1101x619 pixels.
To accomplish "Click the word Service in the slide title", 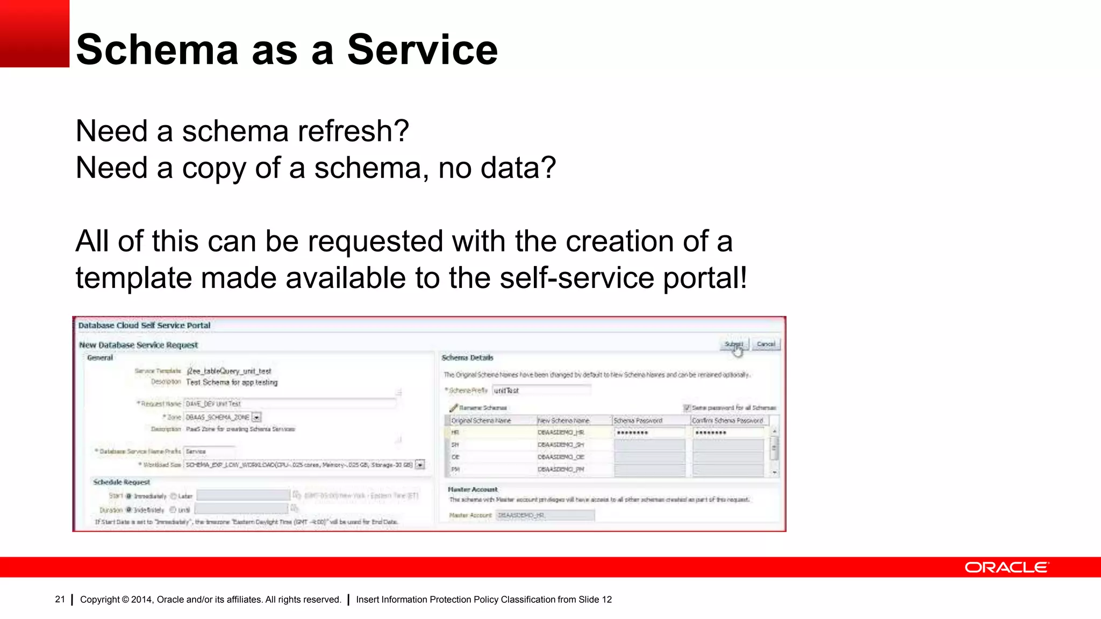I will [x=423, y=49].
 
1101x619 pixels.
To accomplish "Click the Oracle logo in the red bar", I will [x=1006, y=567].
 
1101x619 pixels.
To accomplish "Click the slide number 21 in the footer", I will [x=60, y=599].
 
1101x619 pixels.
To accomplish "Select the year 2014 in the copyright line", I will [x=141, y=600].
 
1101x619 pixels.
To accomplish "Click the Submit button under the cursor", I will [x=734, y=344].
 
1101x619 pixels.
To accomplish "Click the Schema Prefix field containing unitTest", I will [x=541, y=391].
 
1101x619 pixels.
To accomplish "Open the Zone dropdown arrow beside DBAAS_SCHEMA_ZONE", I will [x=257, y=417].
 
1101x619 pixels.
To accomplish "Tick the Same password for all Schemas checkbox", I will [x=687, y=408].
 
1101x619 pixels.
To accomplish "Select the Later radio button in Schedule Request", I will [x=174, y=496].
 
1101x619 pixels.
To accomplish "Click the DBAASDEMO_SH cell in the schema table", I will [x=561, y=445].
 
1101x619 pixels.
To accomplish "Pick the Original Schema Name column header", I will [x=481, y=421].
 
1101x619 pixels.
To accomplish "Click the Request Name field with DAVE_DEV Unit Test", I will [x=289, y=404].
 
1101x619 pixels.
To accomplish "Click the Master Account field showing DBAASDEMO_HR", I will [x=545, y=515].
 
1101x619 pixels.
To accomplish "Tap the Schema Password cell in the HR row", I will [x=649, y=433].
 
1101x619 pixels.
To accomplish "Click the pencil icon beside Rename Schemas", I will [x=453, y=408].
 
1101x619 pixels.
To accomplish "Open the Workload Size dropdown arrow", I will [x=420, y=465].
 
